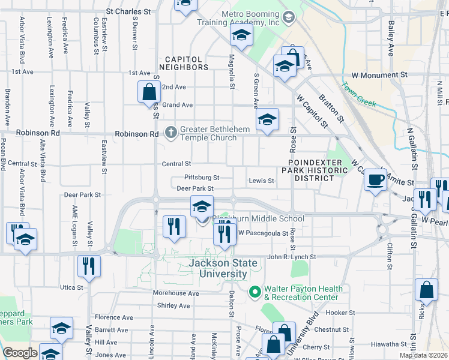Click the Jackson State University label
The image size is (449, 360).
pos(223,268)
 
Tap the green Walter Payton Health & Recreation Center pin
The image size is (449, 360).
pos(254,292)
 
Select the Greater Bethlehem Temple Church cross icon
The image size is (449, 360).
pos(170,133)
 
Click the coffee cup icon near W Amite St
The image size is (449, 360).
pos(376,179)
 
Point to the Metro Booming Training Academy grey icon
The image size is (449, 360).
pos(289,17)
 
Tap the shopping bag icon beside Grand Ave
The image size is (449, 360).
pos(149,92)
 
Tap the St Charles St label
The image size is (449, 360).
pos(128,11)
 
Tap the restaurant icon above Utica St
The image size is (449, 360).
pos(89,265)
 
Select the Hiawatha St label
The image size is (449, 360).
pos(390,344)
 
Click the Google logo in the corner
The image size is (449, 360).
pos(20,353)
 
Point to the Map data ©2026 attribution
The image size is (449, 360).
pos(424,355)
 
